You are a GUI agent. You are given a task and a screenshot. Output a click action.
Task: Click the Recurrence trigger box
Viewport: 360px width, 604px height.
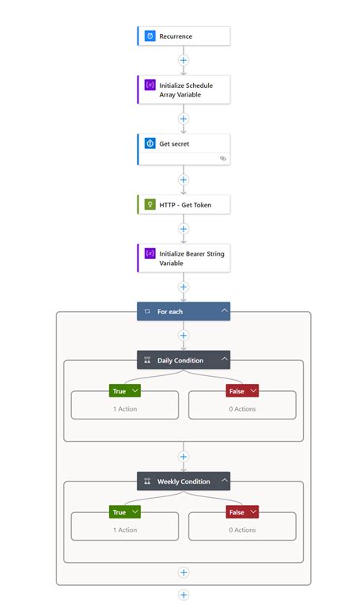coord(184,36)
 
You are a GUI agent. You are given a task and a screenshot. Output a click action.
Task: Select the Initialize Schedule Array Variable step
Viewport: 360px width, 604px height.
coord(184,89)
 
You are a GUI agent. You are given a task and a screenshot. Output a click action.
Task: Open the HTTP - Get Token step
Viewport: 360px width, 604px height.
coord(184,204)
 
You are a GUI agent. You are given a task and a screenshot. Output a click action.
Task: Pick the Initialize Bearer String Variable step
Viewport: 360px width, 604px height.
coord(184,258)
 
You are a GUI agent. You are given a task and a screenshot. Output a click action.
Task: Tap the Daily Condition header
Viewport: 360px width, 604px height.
coord(178,360)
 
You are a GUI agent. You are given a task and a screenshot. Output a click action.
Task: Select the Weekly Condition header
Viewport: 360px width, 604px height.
coord(178,481)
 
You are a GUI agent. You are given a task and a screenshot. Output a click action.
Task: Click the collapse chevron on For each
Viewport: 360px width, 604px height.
coord(225,312)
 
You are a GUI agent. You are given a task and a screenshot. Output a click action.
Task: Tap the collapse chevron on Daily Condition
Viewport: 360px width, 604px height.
coord(225,360)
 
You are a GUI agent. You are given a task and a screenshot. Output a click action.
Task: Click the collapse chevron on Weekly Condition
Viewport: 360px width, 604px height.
coord(225,481)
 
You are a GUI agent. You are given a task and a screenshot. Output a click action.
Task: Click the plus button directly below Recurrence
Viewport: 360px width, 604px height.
coord(184,59)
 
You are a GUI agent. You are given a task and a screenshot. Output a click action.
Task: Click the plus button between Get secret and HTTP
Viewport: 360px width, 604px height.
coord(184,180)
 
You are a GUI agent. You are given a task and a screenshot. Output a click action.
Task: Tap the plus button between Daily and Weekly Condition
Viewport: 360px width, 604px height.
coord(184,457)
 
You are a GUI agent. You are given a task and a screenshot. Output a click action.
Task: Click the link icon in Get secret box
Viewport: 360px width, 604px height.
coord(223,158)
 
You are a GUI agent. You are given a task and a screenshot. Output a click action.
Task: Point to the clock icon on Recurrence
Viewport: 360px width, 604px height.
coord(150,36)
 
